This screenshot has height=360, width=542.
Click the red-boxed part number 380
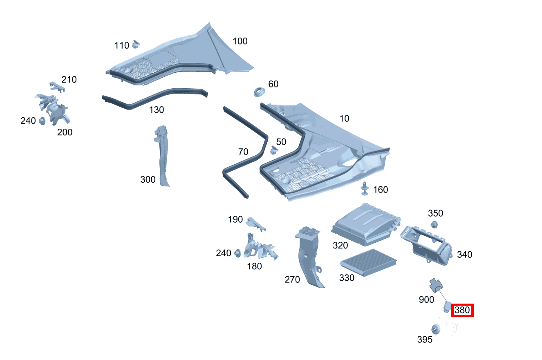(462, 311)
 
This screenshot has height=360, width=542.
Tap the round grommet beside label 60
(259, 92)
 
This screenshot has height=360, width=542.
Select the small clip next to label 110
(136, 43)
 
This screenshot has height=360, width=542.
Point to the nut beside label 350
(434, 224)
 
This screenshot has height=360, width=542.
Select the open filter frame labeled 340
(426, 244)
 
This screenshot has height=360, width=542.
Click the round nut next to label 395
(436, 329)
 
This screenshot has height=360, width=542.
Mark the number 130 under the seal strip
(156, 110)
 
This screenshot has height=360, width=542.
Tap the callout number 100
(240, 41)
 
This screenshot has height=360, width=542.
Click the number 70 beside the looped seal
(243, 152)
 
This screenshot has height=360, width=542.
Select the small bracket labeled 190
(256, 223)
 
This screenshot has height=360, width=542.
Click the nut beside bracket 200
(42, 121)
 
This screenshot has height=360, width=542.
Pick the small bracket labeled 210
(54, 85)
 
